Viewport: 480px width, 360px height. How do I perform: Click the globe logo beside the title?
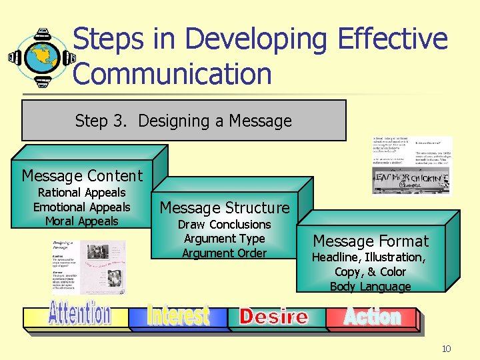click(x=41, y=57)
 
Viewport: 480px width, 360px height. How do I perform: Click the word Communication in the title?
click(x=173, y=74)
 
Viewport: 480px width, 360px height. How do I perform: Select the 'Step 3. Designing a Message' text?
click(x=183, y=121)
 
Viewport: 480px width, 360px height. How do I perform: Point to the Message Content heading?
click(x=82, y=176)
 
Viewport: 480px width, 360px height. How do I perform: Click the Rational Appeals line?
click(x=82, y=193)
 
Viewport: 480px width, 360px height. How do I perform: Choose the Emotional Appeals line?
click(x=82, y=207)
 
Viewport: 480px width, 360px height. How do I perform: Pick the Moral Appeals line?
click(x=82, y=221)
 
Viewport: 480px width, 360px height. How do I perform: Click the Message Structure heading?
click(x=225, y=208)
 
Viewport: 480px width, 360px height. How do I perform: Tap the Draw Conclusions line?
click(x=225, y=225)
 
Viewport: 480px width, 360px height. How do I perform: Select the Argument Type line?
click(x=225, y=239)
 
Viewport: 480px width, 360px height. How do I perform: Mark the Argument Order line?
click(x=225, y=253)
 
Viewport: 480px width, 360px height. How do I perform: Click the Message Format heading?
click(x=371, y=241)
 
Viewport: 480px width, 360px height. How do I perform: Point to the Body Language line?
click(x=371, y=287)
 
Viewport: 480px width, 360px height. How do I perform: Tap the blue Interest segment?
click(x=178, y=315)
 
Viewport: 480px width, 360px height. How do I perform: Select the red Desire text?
click(x=274, y=317)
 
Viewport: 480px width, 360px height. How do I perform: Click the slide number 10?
click(x=446, y=349)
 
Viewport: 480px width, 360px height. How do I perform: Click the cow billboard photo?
click(x=411, y=180)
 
